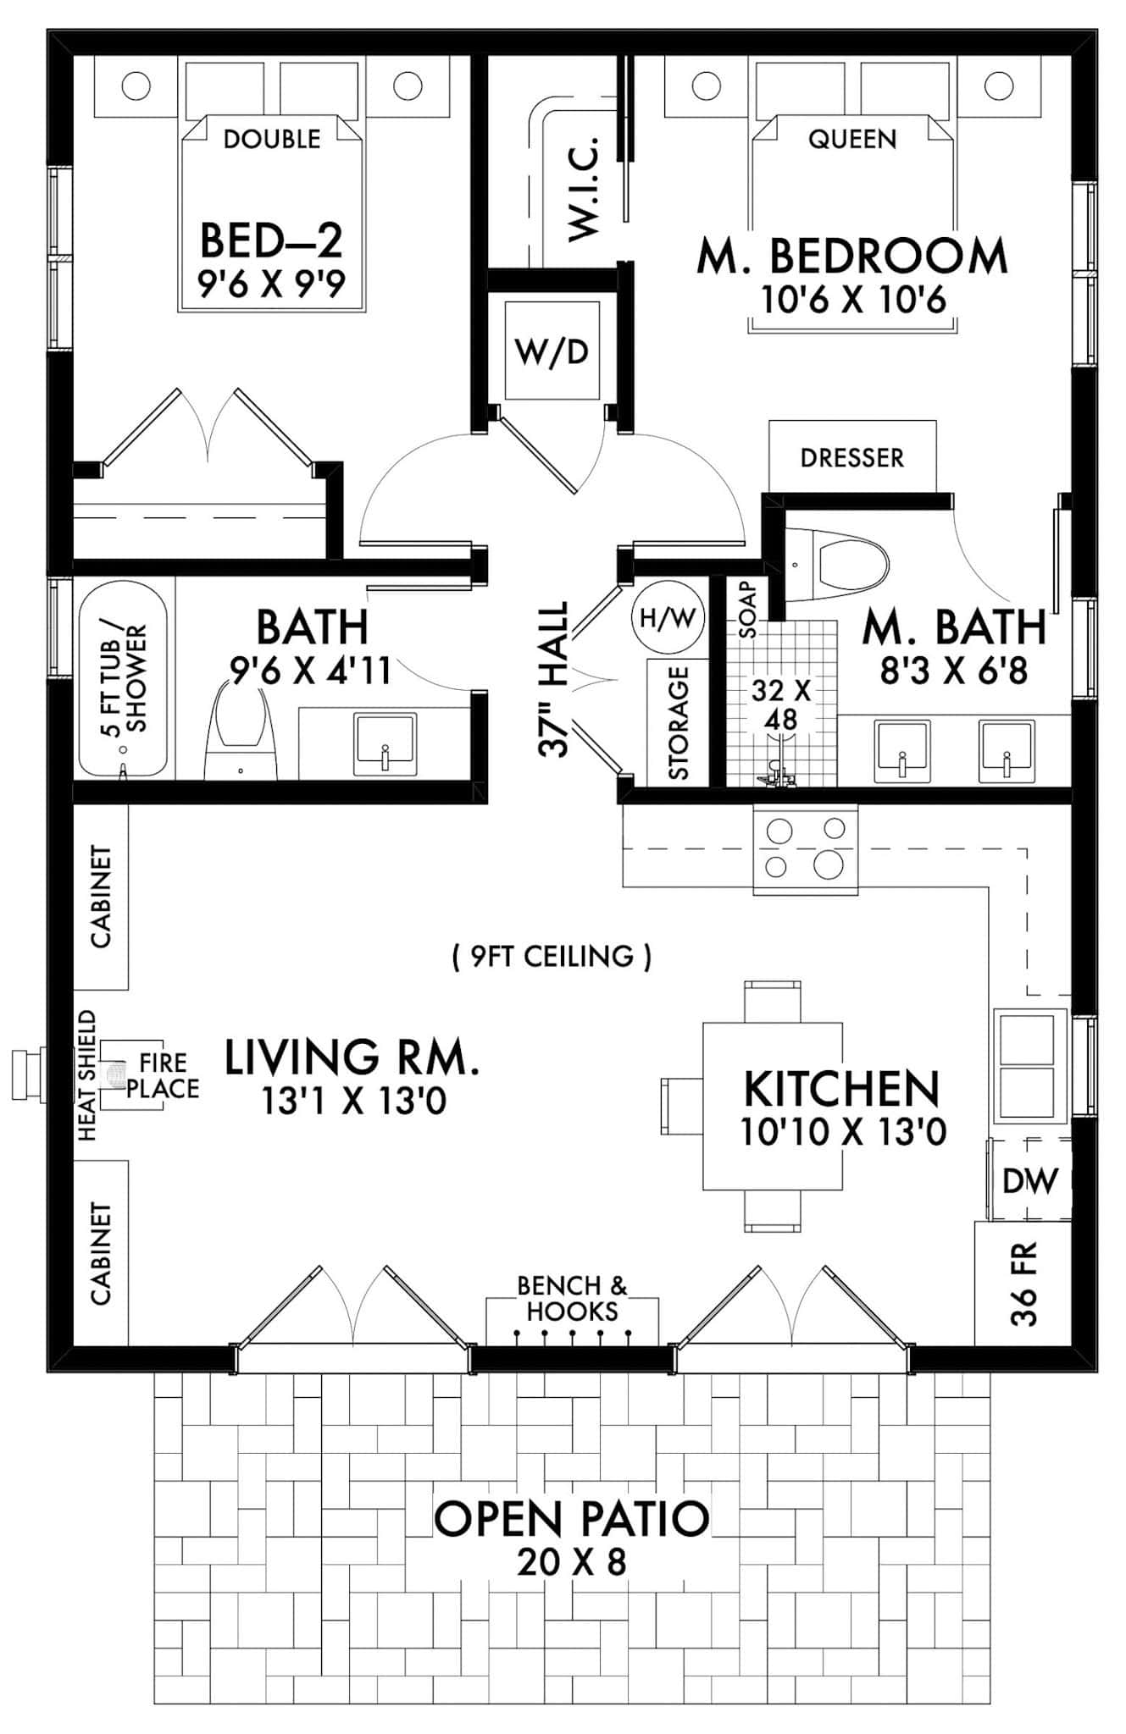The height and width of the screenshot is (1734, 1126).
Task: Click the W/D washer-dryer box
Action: coord(551,351)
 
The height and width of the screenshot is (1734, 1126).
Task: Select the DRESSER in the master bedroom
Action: coord(851,457)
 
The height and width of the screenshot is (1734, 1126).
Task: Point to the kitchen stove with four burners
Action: coord(804,848)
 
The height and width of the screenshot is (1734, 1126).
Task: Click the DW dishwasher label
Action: coord(1030,1180)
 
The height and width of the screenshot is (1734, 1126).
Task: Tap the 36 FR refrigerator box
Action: coord(1023,1283)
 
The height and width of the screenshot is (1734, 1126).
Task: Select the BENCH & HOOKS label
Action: coord(572,1299)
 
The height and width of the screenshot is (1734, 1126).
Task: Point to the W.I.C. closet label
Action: coord(584,188)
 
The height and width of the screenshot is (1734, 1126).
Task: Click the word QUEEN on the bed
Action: coord(851,139)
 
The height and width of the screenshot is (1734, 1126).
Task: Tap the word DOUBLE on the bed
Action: coord(272,139)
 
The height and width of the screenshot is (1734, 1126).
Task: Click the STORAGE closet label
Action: coord(678,722)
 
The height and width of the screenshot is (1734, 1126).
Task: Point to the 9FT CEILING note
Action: coord(552,957)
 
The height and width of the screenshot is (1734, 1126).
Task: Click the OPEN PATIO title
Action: coord(572,1518)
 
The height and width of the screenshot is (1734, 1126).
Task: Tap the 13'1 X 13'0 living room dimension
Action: coord(353,1102)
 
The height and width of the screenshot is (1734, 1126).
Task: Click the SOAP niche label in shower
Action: coord(747,599)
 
